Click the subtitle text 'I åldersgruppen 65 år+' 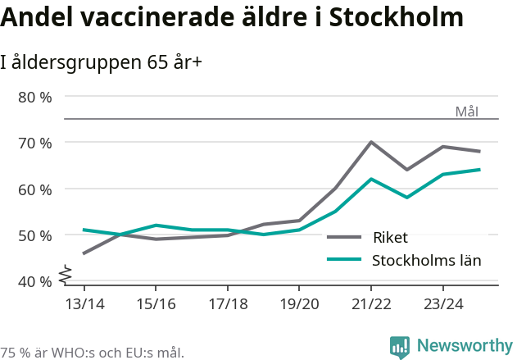[x=102, y=62]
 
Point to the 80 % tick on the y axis [x=35, y=97]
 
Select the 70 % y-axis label [x=35, y=143]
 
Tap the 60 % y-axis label [x=35, y=189]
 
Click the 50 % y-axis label [x=35, y=235]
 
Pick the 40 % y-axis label [x=35, y=281]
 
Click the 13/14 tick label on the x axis [x=84, y=304]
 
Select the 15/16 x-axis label [x=156, y=304]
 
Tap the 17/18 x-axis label [x=228, y=304]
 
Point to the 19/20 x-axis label [x=299, y=304]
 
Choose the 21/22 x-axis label [x=371, y=304]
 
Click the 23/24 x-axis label [x=443, y=304]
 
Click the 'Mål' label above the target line [x=466, y=112]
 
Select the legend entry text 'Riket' [x=390, y=238]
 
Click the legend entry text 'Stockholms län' [x=426, y=261]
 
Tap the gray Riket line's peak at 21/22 [x=371, y=142]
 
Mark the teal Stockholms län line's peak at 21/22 [x=371, y=179]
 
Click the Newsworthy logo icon [x=400, y=347]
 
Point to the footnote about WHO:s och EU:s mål [x=93, y=353]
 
